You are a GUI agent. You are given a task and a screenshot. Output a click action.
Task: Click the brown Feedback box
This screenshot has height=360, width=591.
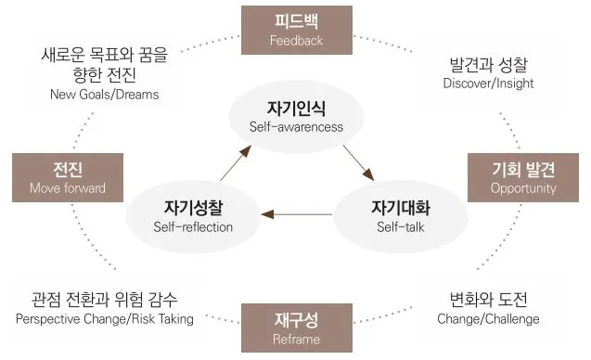295,29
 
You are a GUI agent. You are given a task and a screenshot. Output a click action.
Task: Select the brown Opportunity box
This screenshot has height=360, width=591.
523,177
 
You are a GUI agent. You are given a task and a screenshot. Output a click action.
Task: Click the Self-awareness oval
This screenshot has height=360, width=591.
296,115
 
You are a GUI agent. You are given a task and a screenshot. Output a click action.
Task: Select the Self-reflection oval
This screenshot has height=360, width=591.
192,215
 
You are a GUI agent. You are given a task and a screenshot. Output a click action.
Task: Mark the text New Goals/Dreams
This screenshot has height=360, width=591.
104,94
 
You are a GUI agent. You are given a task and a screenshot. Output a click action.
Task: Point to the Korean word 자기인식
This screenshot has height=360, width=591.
296,108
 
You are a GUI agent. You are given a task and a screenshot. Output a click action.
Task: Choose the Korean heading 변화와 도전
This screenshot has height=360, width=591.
487,301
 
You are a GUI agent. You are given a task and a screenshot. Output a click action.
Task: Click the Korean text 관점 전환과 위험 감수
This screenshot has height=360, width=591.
105,301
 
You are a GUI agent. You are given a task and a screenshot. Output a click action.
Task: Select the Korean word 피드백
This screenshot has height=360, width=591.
295,21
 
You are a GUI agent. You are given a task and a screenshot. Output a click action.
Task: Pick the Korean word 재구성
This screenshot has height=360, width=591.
296,320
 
